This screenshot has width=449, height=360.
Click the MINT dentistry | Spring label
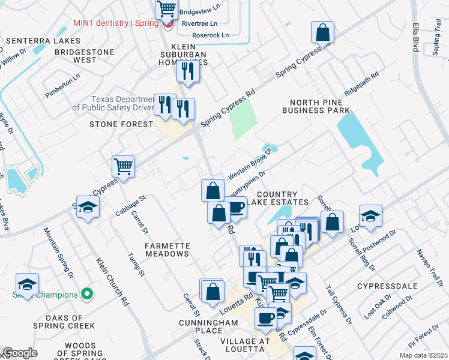click(116, 23)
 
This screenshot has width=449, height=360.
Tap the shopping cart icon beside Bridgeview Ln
click(166, 9)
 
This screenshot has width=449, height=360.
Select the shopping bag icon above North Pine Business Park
click(322, 32)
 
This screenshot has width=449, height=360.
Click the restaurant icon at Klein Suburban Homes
click(188, 71)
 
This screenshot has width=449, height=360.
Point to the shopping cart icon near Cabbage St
click(123, 166)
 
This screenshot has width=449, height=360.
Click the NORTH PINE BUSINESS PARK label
click(316, 106)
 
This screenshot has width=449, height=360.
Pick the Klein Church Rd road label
click(113, 282)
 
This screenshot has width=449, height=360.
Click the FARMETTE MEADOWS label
click(167, 250)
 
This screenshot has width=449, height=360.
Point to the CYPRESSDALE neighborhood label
click(382, 286)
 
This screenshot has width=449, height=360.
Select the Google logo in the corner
click(20, 353)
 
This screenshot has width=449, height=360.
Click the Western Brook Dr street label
click(250, 162)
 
